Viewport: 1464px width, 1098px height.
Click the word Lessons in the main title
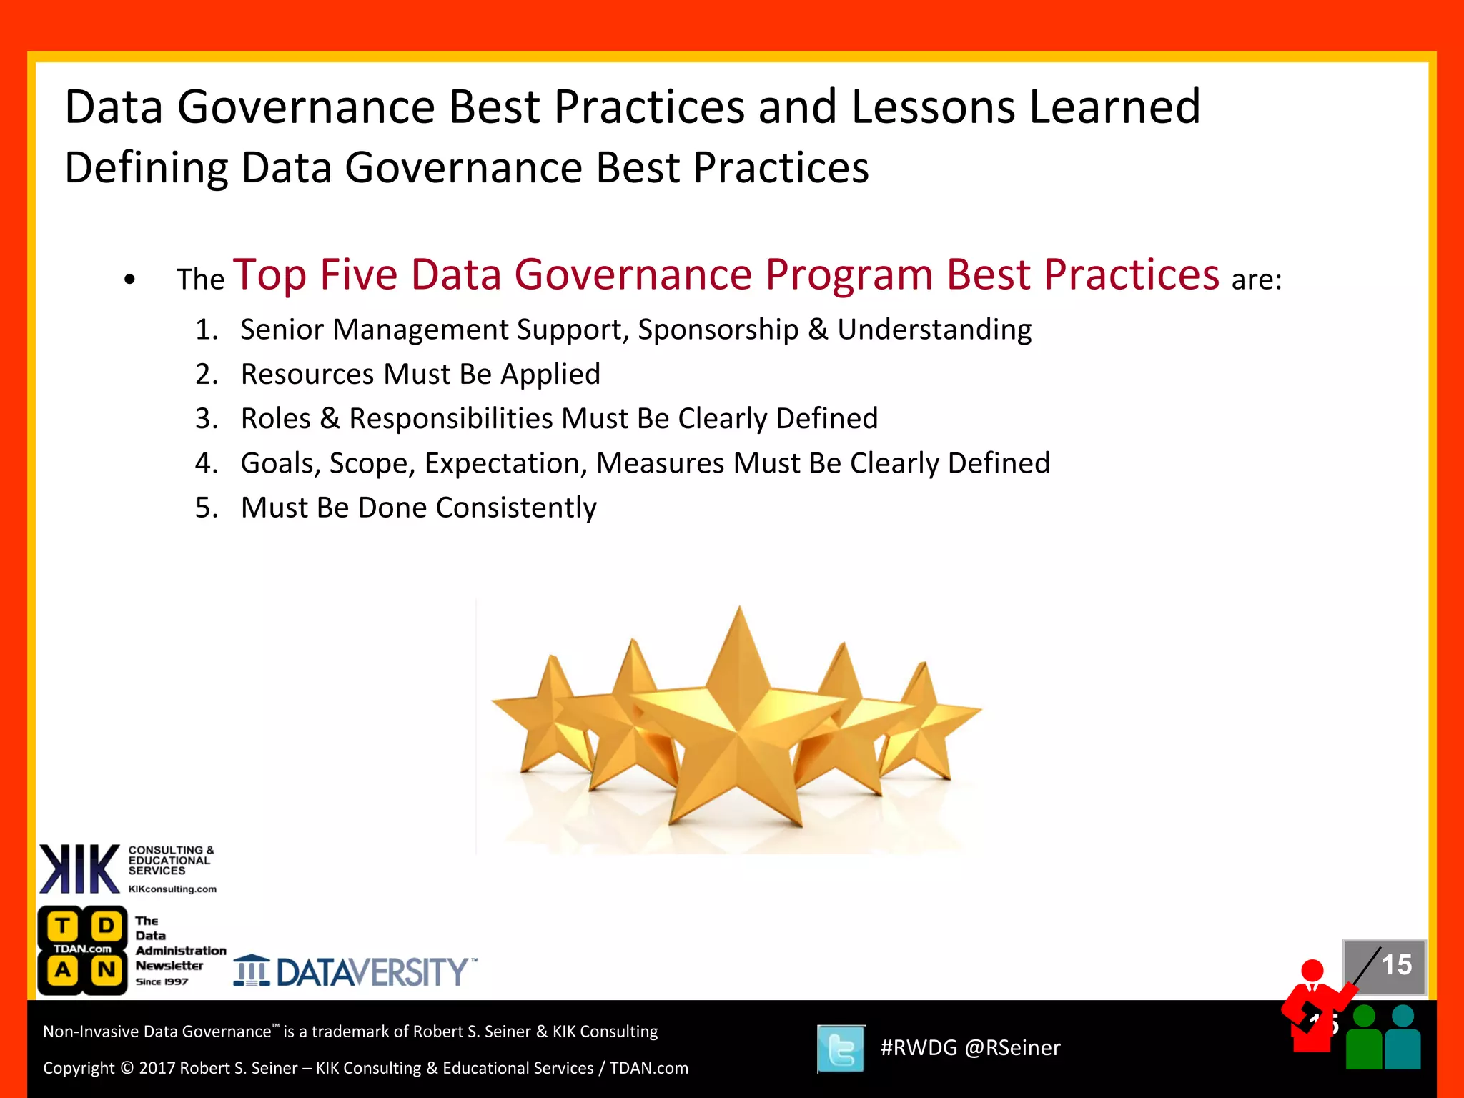click(x=933, y=107)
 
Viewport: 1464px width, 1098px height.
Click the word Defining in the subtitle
click(x=146, y=169)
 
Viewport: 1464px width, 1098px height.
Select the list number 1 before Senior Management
click(x=205, y=330)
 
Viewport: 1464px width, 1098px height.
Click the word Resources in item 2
click(x=307, y=374)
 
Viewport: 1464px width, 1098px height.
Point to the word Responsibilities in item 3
click(x=451, y=419)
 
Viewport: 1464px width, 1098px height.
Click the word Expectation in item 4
click(x=505, y=463)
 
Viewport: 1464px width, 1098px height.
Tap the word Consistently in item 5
click(x=515, y=508)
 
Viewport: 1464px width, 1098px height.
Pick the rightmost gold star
click(x=929, y=722)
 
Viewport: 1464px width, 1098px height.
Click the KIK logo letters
click(x=79, y=869)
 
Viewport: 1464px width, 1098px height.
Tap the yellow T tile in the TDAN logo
click(x=63, y=926)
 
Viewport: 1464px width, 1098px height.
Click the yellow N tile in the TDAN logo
click(x=106, y=971)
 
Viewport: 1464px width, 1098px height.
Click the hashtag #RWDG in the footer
click(x=918, y=1048)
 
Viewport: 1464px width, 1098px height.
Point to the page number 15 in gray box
click(x=1395, y=965)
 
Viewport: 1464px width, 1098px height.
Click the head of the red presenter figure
click(x=1312, y=971)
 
